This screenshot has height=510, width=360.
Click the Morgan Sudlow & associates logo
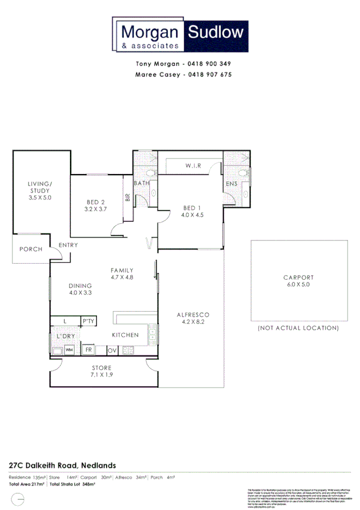[180, 35]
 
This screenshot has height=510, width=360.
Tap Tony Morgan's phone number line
[183, 64]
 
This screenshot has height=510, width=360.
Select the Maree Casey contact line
[183, 75]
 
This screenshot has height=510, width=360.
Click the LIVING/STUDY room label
[39, 190]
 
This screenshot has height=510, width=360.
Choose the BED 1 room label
[192, 211]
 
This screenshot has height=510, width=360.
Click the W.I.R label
[193, 166]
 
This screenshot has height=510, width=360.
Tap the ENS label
[232, 184]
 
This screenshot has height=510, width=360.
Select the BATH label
[142, 183]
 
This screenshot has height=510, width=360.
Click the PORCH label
[31, 249]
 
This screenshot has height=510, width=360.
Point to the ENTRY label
[68, 245]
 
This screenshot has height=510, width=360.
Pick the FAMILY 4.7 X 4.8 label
[122, 273]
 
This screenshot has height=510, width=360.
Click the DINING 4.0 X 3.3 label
[80, 289]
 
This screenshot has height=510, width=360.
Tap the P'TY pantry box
[88, 322]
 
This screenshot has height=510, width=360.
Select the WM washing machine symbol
[70, 350]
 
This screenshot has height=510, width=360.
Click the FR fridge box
[89, 350]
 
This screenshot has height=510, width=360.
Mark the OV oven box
[112, 350]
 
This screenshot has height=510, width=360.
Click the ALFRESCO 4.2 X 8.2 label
[192, 318]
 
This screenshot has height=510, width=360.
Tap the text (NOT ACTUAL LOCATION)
[298, 328]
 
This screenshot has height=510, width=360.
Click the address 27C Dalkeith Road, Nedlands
[62, 465]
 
